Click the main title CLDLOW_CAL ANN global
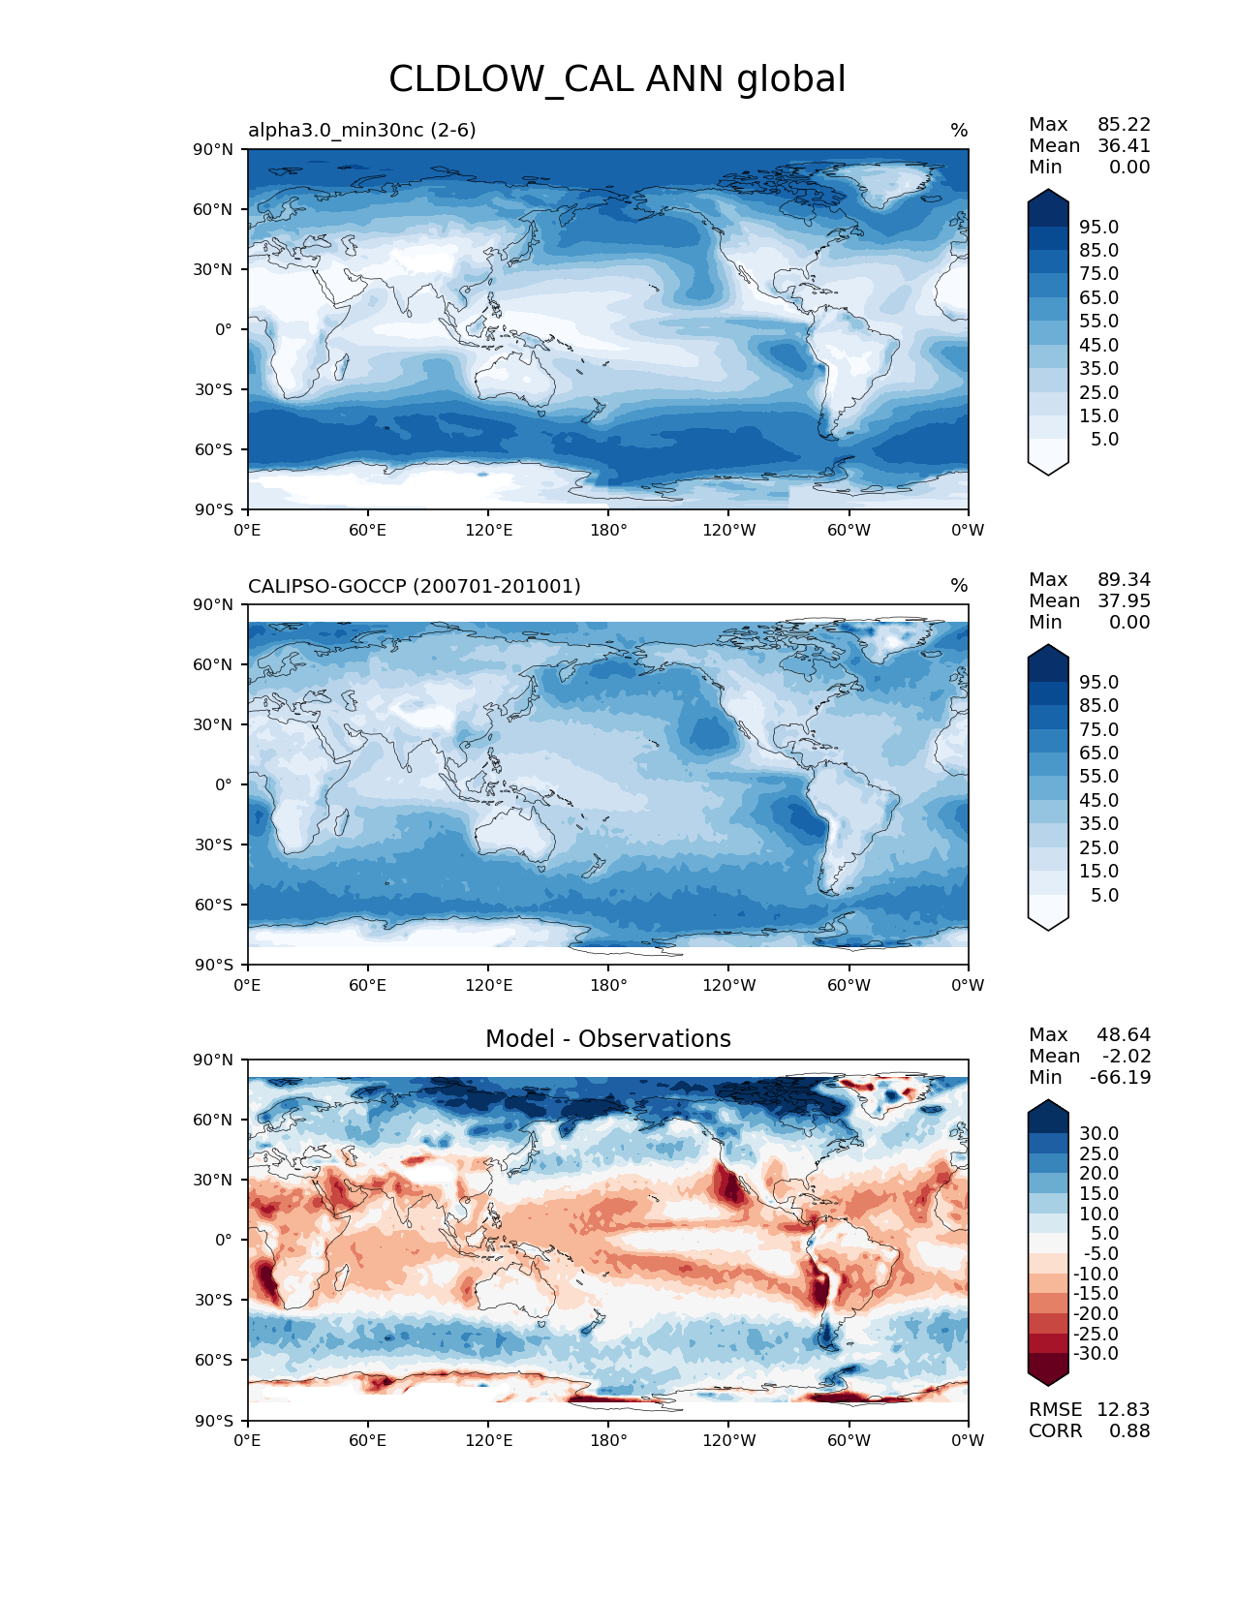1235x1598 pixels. pos(617,79)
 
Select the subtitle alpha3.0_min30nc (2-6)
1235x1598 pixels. pos(361,130)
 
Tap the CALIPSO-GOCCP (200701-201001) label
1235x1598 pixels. pos(414,586)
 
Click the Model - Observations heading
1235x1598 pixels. pos(607,1039)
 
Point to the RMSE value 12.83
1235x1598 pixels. pos(1123,1409)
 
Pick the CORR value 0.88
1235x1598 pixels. pos(1129,1430)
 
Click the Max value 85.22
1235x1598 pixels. pos(1124,124)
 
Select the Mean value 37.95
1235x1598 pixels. pos(1124,600)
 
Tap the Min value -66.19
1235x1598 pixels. pos(1120,1077)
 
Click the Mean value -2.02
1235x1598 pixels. pos(1127,1056)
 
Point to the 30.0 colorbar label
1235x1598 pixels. pos(1098,1133)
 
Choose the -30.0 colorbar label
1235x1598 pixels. pos(1096,1353)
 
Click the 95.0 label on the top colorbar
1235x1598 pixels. pos(1098,227)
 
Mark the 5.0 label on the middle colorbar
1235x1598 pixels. pos(1104,895)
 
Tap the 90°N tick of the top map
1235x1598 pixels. pos(213,149)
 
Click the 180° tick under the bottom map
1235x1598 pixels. pos(608,1440)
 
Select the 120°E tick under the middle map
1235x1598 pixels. pos(488,985)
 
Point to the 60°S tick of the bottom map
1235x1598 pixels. pos(214,1360)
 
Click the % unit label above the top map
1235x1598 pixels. pos(959,130)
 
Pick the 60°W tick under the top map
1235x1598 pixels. pos(849,530)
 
